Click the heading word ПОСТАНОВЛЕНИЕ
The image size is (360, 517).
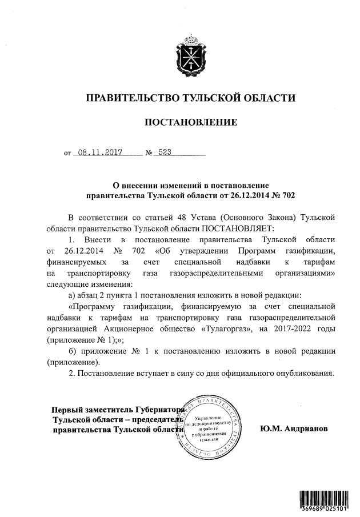tap(190, 122)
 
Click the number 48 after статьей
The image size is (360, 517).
tap(183, 217)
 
